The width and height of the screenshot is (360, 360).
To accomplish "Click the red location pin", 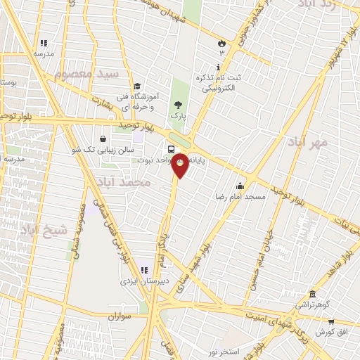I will tap(180, 165).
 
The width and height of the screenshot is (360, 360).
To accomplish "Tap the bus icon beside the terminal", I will tap(172, 148).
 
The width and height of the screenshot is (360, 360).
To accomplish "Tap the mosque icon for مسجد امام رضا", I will tap(240, 186).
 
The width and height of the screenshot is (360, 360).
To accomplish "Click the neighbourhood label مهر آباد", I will tap(308, 143).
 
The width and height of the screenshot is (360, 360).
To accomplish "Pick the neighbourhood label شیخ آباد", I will tap(42, 229).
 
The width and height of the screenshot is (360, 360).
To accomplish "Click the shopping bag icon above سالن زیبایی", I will tap(104, 139).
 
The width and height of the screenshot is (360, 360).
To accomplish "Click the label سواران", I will tap(120, 316).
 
